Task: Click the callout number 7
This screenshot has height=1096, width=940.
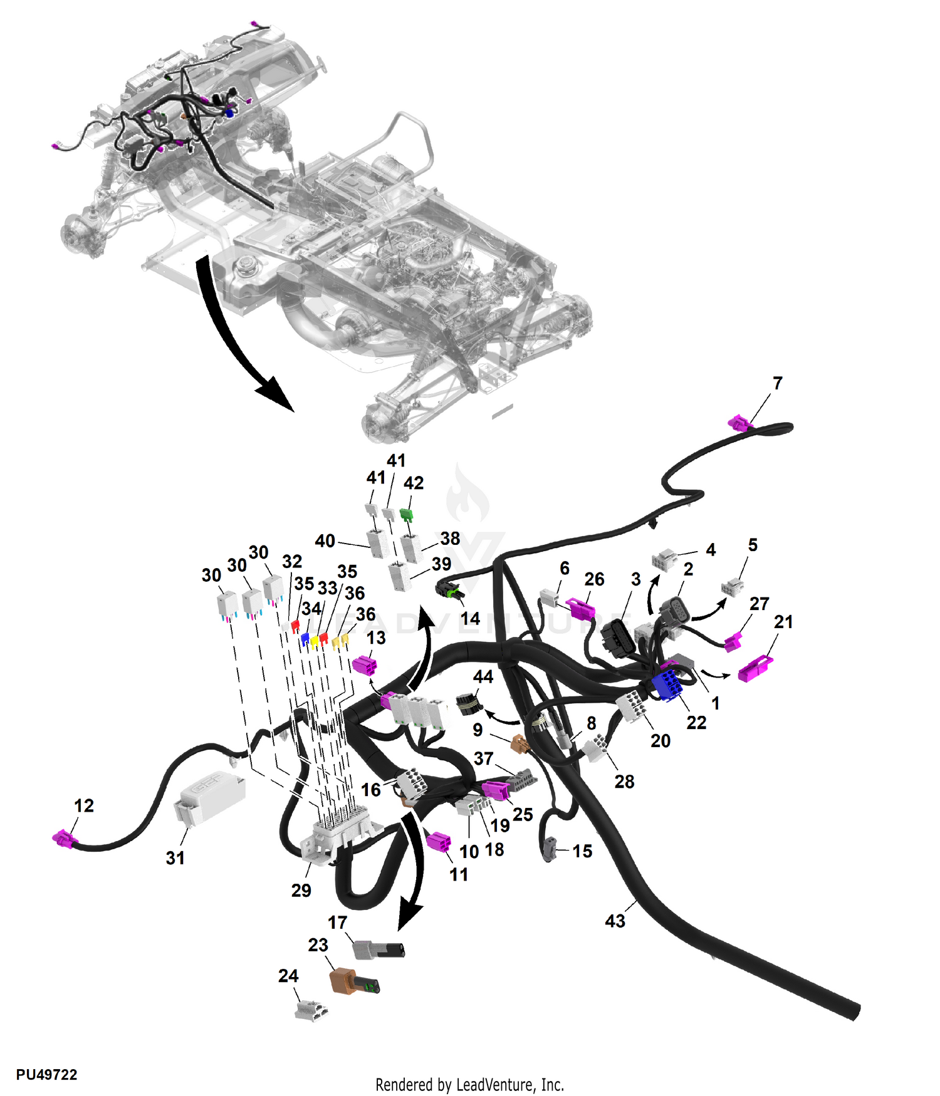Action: pyautogui.click(x=777, y=383)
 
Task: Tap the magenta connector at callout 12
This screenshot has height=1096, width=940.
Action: pyautogui.click(x=64, y=839)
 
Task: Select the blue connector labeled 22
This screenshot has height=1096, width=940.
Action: pyautogui.click(x=667, y=685)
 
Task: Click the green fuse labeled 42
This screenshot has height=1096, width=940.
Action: pyautogui.click(x=407, y=515)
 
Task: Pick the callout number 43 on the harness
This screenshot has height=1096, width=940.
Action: pyautogui.click(x=615, y=921)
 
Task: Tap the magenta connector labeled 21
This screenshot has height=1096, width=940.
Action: pyautogui.click(x=755, y=669)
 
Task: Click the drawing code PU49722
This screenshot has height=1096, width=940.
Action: pyautogui.click(x=46, y=1075)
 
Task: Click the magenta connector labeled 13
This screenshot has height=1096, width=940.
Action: pyautogui.click(x=365, y=664)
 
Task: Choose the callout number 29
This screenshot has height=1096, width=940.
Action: pyautogui.click(x=301, y=890)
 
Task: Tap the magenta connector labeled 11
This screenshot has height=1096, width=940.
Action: pyautogui.click(x=438, y=842)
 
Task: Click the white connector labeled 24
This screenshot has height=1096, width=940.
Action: pyautogui.click(x=311, y=1010)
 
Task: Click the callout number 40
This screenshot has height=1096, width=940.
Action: pyautogui.click(x=325, y=540)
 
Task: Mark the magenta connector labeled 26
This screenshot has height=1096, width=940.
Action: pyautogui.click(x=580, y=608)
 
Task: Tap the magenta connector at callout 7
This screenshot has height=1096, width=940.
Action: pyautogui.click(x=740, y=423)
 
